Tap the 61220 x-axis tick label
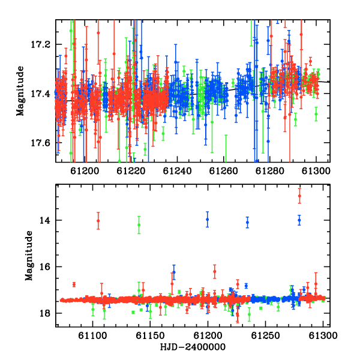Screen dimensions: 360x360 tap(131, 171)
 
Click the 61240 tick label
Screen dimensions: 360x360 tap(177, 171)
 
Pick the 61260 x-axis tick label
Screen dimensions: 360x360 tap(223, 171)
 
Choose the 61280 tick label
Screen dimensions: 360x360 tap(270, 171)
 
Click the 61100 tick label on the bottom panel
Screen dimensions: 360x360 tap(92, 335)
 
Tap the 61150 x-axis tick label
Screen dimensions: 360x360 tap(150, 335)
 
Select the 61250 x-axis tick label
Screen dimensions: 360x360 tap(265, 335)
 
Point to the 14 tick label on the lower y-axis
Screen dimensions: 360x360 tap(44, 220)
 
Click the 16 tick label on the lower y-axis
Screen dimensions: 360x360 tap(44, 267)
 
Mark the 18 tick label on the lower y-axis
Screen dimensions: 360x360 tap(44, 313)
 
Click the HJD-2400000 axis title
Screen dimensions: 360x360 tap(193, 347)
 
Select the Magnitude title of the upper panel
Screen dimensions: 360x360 tap(20, 91)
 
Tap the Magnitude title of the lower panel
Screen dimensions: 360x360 tap(29, 256)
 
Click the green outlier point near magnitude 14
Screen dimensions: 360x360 tap(139, 225)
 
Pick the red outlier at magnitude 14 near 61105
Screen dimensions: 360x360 tap(98, 221)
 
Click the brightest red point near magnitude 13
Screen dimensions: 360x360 tap(299, 196)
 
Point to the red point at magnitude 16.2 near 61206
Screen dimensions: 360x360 tap(215, 271)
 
